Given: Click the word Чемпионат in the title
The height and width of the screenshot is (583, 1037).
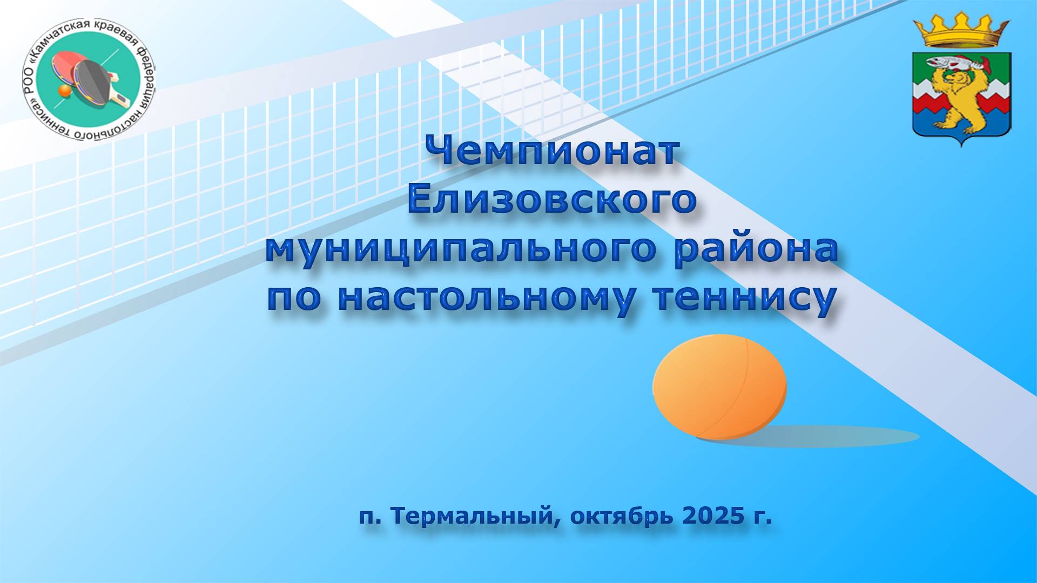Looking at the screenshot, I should point(552,151).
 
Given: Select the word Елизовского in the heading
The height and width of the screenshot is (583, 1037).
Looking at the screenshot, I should point(552,199).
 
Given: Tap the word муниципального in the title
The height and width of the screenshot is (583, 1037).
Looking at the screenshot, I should point(461,249).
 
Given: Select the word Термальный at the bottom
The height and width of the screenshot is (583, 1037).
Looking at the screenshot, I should point(471,517).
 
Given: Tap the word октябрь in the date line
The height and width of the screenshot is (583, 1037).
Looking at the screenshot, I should point(621,516).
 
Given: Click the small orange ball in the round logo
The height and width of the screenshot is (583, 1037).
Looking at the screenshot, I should point(64,92).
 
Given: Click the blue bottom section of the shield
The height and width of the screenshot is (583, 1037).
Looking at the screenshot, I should point(961,132).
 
